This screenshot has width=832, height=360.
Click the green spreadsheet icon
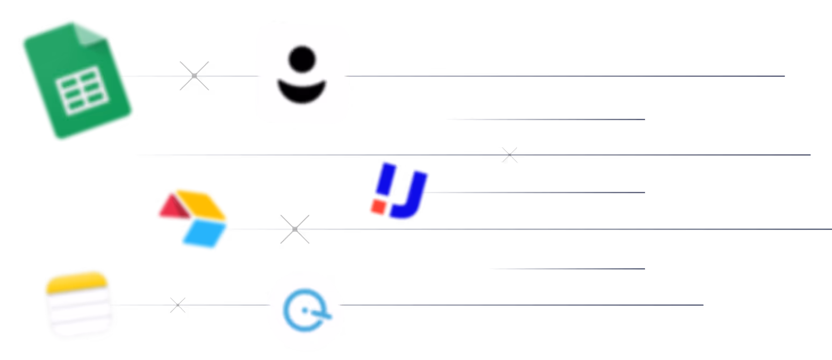tap(77, 81)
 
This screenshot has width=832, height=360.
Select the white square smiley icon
tap(302, 73)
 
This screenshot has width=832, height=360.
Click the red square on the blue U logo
tap(379, 207)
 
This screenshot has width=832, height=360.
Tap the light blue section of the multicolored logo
tap(204, 235)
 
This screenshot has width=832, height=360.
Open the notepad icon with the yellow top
tap(79, 304)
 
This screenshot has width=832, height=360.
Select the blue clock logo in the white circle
tap(305, 311)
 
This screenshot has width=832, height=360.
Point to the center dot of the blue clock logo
tap(305, 311)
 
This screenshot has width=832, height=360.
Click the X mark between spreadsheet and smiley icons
tap(194, 76)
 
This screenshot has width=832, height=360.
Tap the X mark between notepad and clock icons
tap(178, 305)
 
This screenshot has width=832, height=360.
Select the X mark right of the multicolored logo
tap(295, 229)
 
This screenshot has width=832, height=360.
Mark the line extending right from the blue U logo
tap(537, 192)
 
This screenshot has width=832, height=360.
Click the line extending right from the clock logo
tap(521, 305)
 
